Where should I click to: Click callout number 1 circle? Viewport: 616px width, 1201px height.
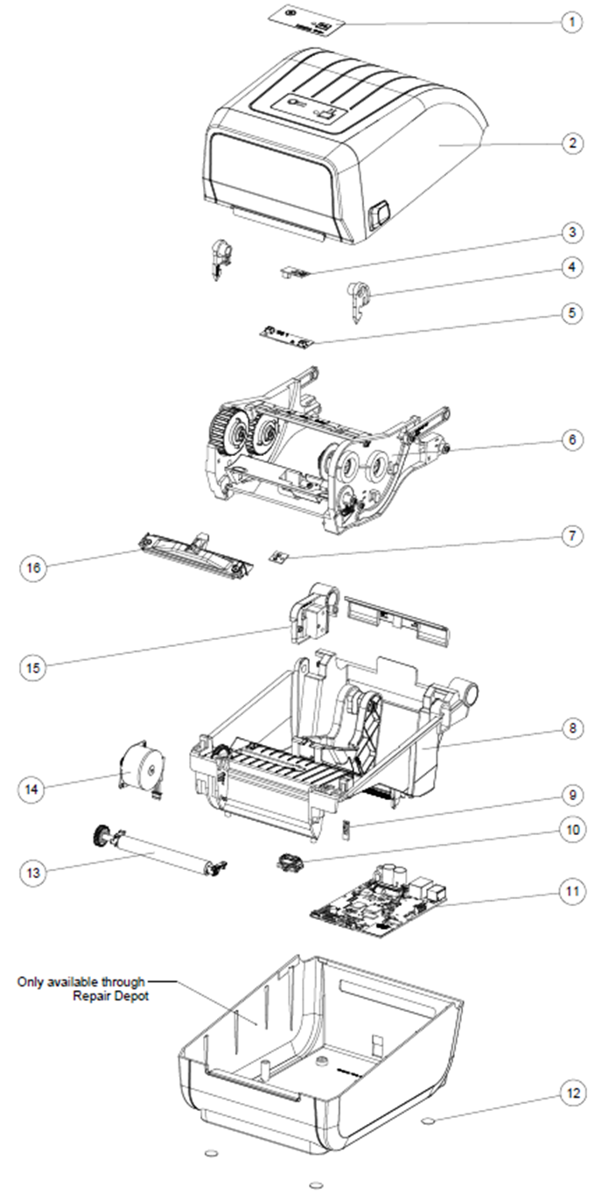[571, 22]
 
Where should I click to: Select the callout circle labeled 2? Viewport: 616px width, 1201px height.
[571, 144]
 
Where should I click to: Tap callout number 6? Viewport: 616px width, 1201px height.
[571, 439]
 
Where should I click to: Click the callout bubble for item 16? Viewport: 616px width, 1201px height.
[33, 568]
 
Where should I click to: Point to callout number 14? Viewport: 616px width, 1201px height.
[33, 789]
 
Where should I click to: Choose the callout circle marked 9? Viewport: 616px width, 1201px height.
[571, 796]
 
